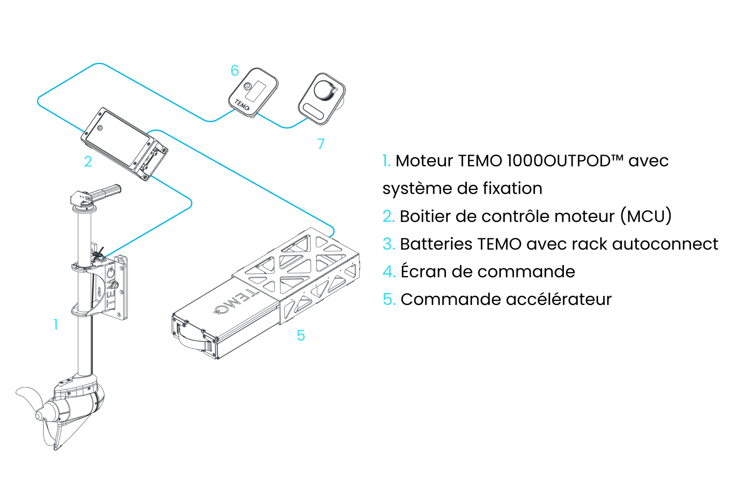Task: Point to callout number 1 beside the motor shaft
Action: tap(55, 325)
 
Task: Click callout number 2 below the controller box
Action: tap(88, 163)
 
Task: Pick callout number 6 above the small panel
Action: tap(235, 70)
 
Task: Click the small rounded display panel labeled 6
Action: tap(253, 91)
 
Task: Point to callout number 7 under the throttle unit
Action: tap(321, 144)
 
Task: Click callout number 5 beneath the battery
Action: tap(301, 335)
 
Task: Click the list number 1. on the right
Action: tap(386, 161)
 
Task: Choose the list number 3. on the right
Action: tap(388, 244)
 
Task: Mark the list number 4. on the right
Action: tap(389, 272)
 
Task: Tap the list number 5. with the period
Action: tap(389, 300)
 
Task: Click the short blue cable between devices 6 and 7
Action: tap(284, 126)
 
